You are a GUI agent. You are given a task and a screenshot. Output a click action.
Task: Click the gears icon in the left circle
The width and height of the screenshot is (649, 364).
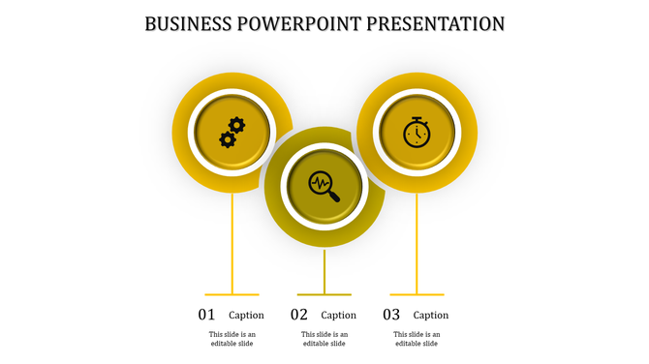[x=232, y=132]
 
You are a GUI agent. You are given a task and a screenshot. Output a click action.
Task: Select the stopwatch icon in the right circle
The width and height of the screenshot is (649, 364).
[x=417, y=132]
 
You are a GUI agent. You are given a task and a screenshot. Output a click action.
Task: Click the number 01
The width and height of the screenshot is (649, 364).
[x=206, y=315]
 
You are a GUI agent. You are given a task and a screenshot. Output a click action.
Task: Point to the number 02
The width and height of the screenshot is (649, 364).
[x=299, y=315]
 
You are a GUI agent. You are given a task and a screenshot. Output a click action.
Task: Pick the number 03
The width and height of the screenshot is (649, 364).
[x=391, y=315]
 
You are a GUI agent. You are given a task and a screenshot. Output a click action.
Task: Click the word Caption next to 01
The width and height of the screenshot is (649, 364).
[x=246, y=315]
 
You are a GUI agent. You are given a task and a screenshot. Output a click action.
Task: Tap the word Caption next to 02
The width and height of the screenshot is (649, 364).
[x=339, y=315]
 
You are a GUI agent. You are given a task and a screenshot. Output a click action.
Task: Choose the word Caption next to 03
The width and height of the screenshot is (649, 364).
[x=431, y=315]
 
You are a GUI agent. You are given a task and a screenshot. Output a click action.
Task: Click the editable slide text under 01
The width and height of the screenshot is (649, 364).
[x=232, y=339]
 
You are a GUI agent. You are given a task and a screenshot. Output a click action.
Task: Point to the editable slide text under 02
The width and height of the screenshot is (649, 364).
[x=324, y=339]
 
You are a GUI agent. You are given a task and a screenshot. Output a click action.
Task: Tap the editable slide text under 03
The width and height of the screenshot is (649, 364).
[x=417, y=339]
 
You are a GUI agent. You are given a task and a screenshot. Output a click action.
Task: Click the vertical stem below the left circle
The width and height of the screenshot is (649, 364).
[x=232, y=242]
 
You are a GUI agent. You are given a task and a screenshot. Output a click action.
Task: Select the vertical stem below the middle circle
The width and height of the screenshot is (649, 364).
[x=324, y=271]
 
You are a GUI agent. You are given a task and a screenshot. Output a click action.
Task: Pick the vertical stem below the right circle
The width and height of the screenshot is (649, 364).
[x=417, y=242]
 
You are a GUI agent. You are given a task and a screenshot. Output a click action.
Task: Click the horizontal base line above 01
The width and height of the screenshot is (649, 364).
[x=232, y=294]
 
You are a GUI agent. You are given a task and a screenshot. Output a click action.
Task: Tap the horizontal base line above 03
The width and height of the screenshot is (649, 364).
[x=417, y=294]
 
